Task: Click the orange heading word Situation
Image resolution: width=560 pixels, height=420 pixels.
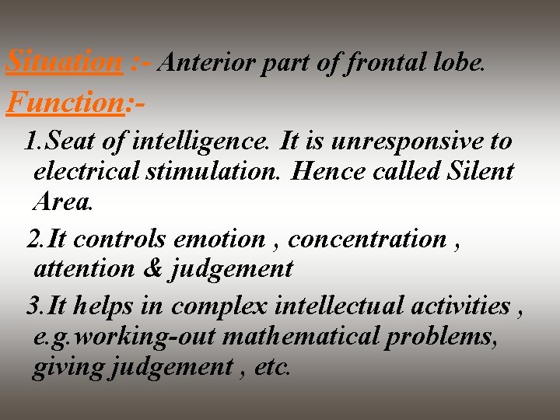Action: point(64,61)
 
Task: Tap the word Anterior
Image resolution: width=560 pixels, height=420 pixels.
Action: point(206,62)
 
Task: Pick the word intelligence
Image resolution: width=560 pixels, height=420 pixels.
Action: point(201,142)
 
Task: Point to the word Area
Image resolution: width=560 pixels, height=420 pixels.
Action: point(62,201)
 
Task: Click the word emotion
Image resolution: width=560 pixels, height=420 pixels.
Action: point(220,239)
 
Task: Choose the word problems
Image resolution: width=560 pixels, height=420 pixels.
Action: point(452,337)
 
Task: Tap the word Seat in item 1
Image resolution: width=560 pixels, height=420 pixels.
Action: point(70,142)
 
